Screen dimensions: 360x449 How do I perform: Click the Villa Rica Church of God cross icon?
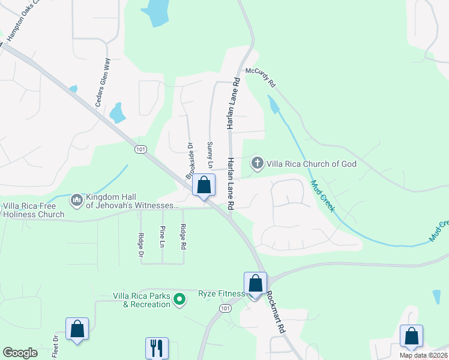(x=257, y=163)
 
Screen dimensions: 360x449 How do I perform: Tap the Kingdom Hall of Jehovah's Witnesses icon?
(x=76, y=199)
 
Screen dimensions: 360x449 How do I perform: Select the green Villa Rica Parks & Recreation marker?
(x=179, y=299)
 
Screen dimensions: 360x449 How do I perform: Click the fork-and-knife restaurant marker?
(x=157, y=347)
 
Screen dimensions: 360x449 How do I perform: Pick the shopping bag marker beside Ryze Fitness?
(x=255, y=283)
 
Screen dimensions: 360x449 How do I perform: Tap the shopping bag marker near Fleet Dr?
(x=77, y=329)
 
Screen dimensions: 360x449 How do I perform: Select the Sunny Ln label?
(x=210, y=154)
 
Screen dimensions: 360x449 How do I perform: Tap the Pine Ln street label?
(x=162, y=236)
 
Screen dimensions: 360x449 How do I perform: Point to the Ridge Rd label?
(x=183, y=236)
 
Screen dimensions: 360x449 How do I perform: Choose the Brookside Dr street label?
(x=189, y=160)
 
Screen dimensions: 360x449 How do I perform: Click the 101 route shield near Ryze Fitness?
(x=224, y=308)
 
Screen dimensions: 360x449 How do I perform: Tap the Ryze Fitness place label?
(x=221, y=293)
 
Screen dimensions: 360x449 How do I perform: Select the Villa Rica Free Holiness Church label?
(x=34, y=210)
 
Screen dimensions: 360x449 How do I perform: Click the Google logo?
(x=20, y=353)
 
